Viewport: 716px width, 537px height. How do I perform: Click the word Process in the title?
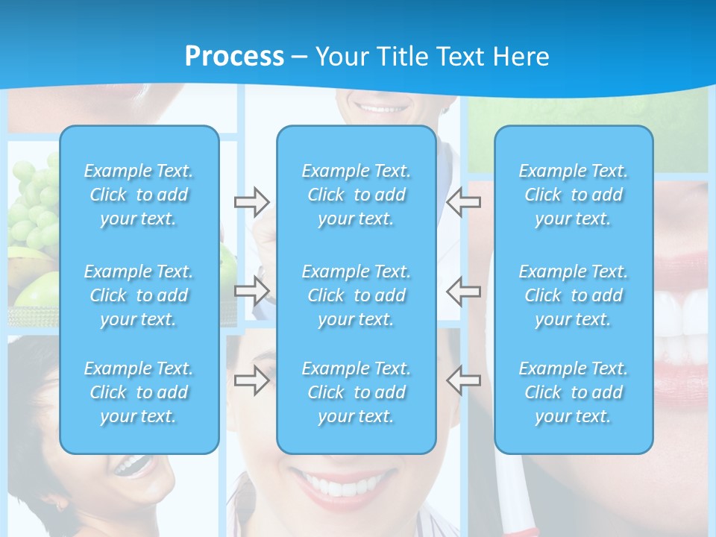tap(234, 57)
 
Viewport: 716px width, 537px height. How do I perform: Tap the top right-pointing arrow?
tap(252, 201)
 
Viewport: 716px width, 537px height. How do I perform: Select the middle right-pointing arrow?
tap(252, 290)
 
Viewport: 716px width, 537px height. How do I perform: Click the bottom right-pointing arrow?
tap(252, 380)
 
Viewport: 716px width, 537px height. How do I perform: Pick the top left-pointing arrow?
tap(464, 201)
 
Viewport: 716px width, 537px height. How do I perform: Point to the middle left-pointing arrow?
tap(464, 290)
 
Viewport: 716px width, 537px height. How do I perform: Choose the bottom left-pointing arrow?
tap(464, 380)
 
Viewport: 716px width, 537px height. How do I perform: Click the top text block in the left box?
tap(139, 195)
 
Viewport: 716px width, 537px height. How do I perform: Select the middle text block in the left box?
tap(139, 295)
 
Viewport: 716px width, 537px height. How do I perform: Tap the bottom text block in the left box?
tap(139, 392)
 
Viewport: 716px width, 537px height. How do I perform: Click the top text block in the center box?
tap(357, 195)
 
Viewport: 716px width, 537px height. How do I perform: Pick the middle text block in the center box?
tap(357, 295)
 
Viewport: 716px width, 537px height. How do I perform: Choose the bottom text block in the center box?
tap(357, 392)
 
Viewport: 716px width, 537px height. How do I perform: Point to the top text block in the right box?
tap(574, 195)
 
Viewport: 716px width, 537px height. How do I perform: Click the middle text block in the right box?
tap(574, 295)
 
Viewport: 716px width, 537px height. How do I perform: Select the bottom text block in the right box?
tap(574, 392)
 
